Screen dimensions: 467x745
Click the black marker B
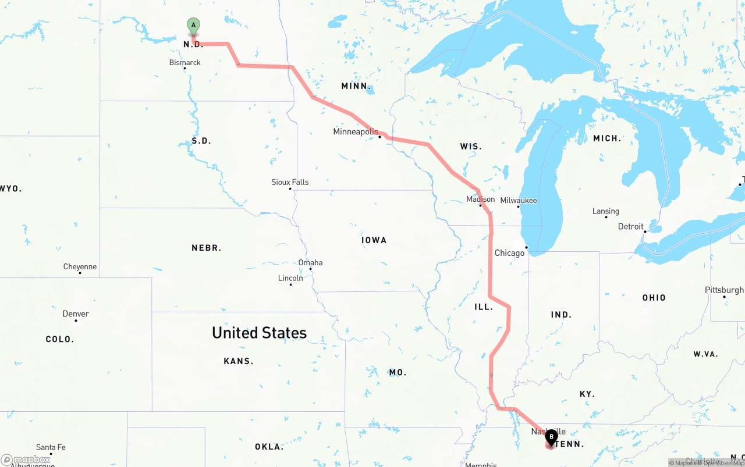[551, 437]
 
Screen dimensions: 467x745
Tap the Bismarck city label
[185, 62]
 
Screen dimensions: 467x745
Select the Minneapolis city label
[356, 132]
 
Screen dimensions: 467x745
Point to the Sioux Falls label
[290, 182]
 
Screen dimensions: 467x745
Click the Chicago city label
[509, 253]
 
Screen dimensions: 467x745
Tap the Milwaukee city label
[519, 200]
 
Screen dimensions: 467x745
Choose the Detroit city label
[631, 226]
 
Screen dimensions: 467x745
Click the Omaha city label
[310, 262]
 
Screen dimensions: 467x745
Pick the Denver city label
[76, 313]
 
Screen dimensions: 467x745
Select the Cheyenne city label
[80, 267]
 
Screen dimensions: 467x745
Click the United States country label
[259, 333]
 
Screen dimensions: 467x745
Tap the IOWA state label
[374, 240]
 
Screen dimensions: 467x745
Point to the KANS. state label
[239, 361]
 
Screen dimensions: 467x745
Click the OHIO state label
[654, 297]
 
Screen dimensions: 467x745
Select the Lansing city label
[606, 211]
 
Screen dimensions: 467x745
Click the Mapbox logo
[26, 460]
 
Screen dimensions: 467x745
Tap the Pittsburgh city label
[724, 290]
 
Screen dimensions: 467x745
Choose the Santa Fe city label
[51, 447]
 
